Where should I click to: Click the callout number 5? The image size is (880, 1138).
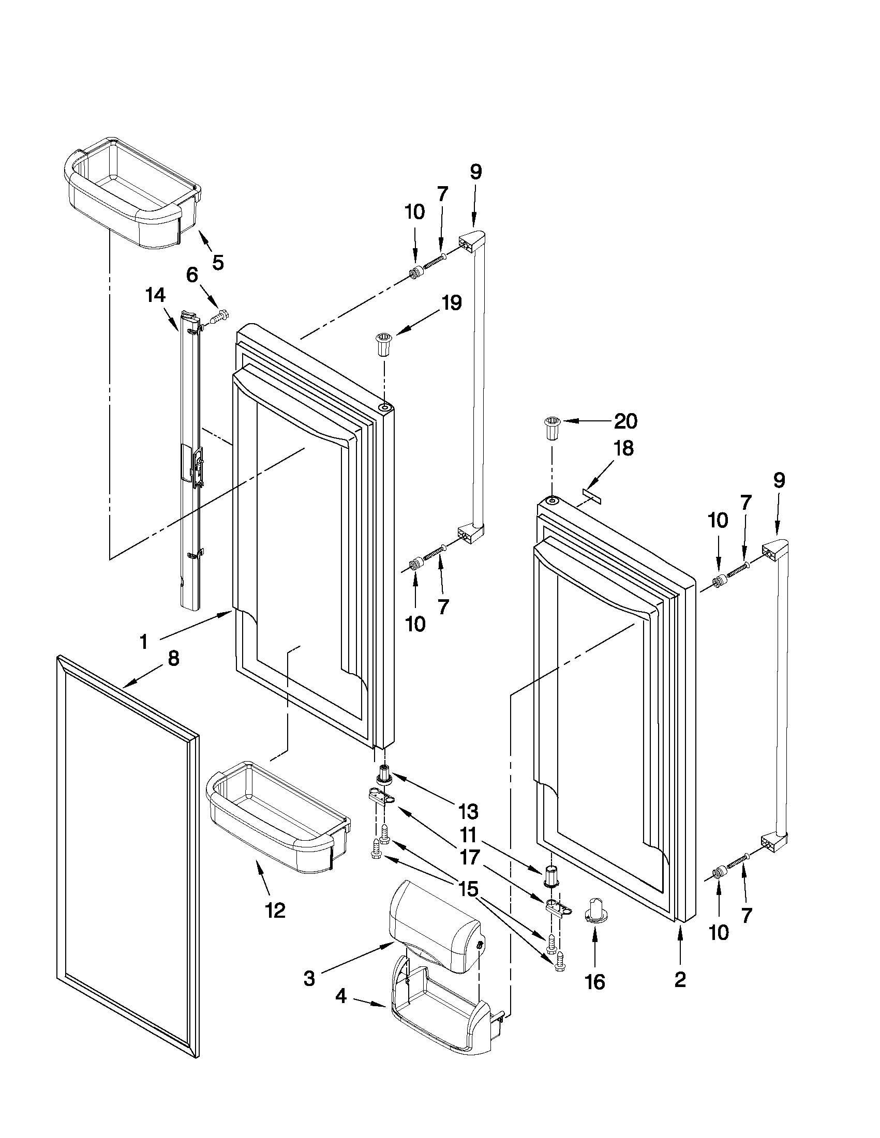coord(218,262)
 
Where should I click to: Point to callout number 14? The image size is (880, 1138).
coord(155,295)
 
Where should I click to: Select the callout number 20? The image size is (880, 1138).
coord(625,421)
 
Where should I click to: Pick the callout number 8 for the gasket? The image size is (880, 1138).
coord(173,659)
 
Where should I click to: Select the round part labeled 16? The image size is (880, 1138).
coord(595,913)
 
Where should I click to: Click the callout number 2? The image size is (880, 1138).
coord(680,980)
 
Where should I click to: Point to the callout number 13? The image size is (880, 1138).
coord(468,811)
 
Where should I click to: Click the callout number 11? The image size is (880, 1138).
coord(468,836)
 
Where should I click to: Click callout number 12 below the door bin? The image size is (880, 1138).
coord(275,911)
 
